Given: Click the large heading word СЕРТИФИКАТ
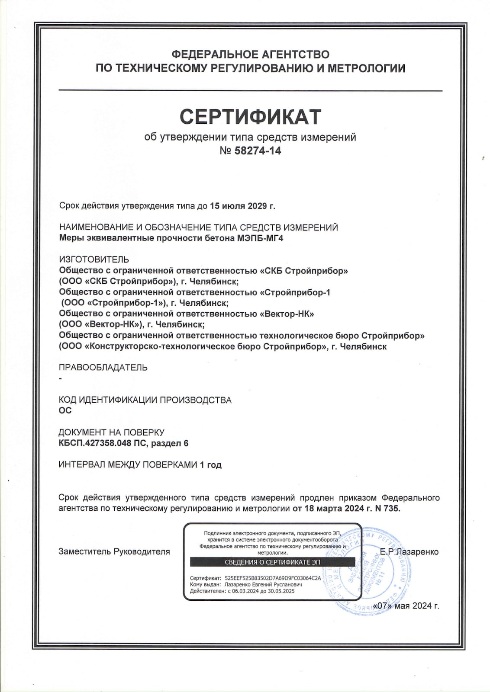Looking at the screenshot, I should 250,116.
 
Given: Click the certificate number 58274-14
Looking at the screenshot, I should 258,151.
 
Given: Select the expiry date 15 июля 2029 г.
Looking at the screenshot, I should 242,206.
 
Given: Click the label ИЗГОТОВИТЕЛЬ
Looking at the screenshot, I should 94,259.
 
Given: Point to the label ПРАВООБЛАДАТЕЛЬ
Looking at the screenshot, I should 103,368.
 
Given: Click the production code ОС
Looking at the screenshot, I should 65,410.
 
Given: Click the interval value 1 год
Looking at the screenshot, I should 210,465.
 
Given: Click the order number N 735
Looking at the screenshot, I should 388,509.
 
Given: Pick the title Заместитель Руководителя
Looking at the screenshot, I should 114,552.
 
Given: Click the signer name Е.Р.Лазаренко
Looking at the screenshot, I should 409,552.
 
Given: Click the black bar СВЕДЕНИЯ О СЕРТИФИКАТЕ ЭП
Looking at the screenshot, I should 273,562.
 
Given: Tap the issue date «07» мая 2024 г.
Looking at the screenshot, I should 407,605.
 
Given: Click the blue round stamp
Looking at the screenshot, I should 372,571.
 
